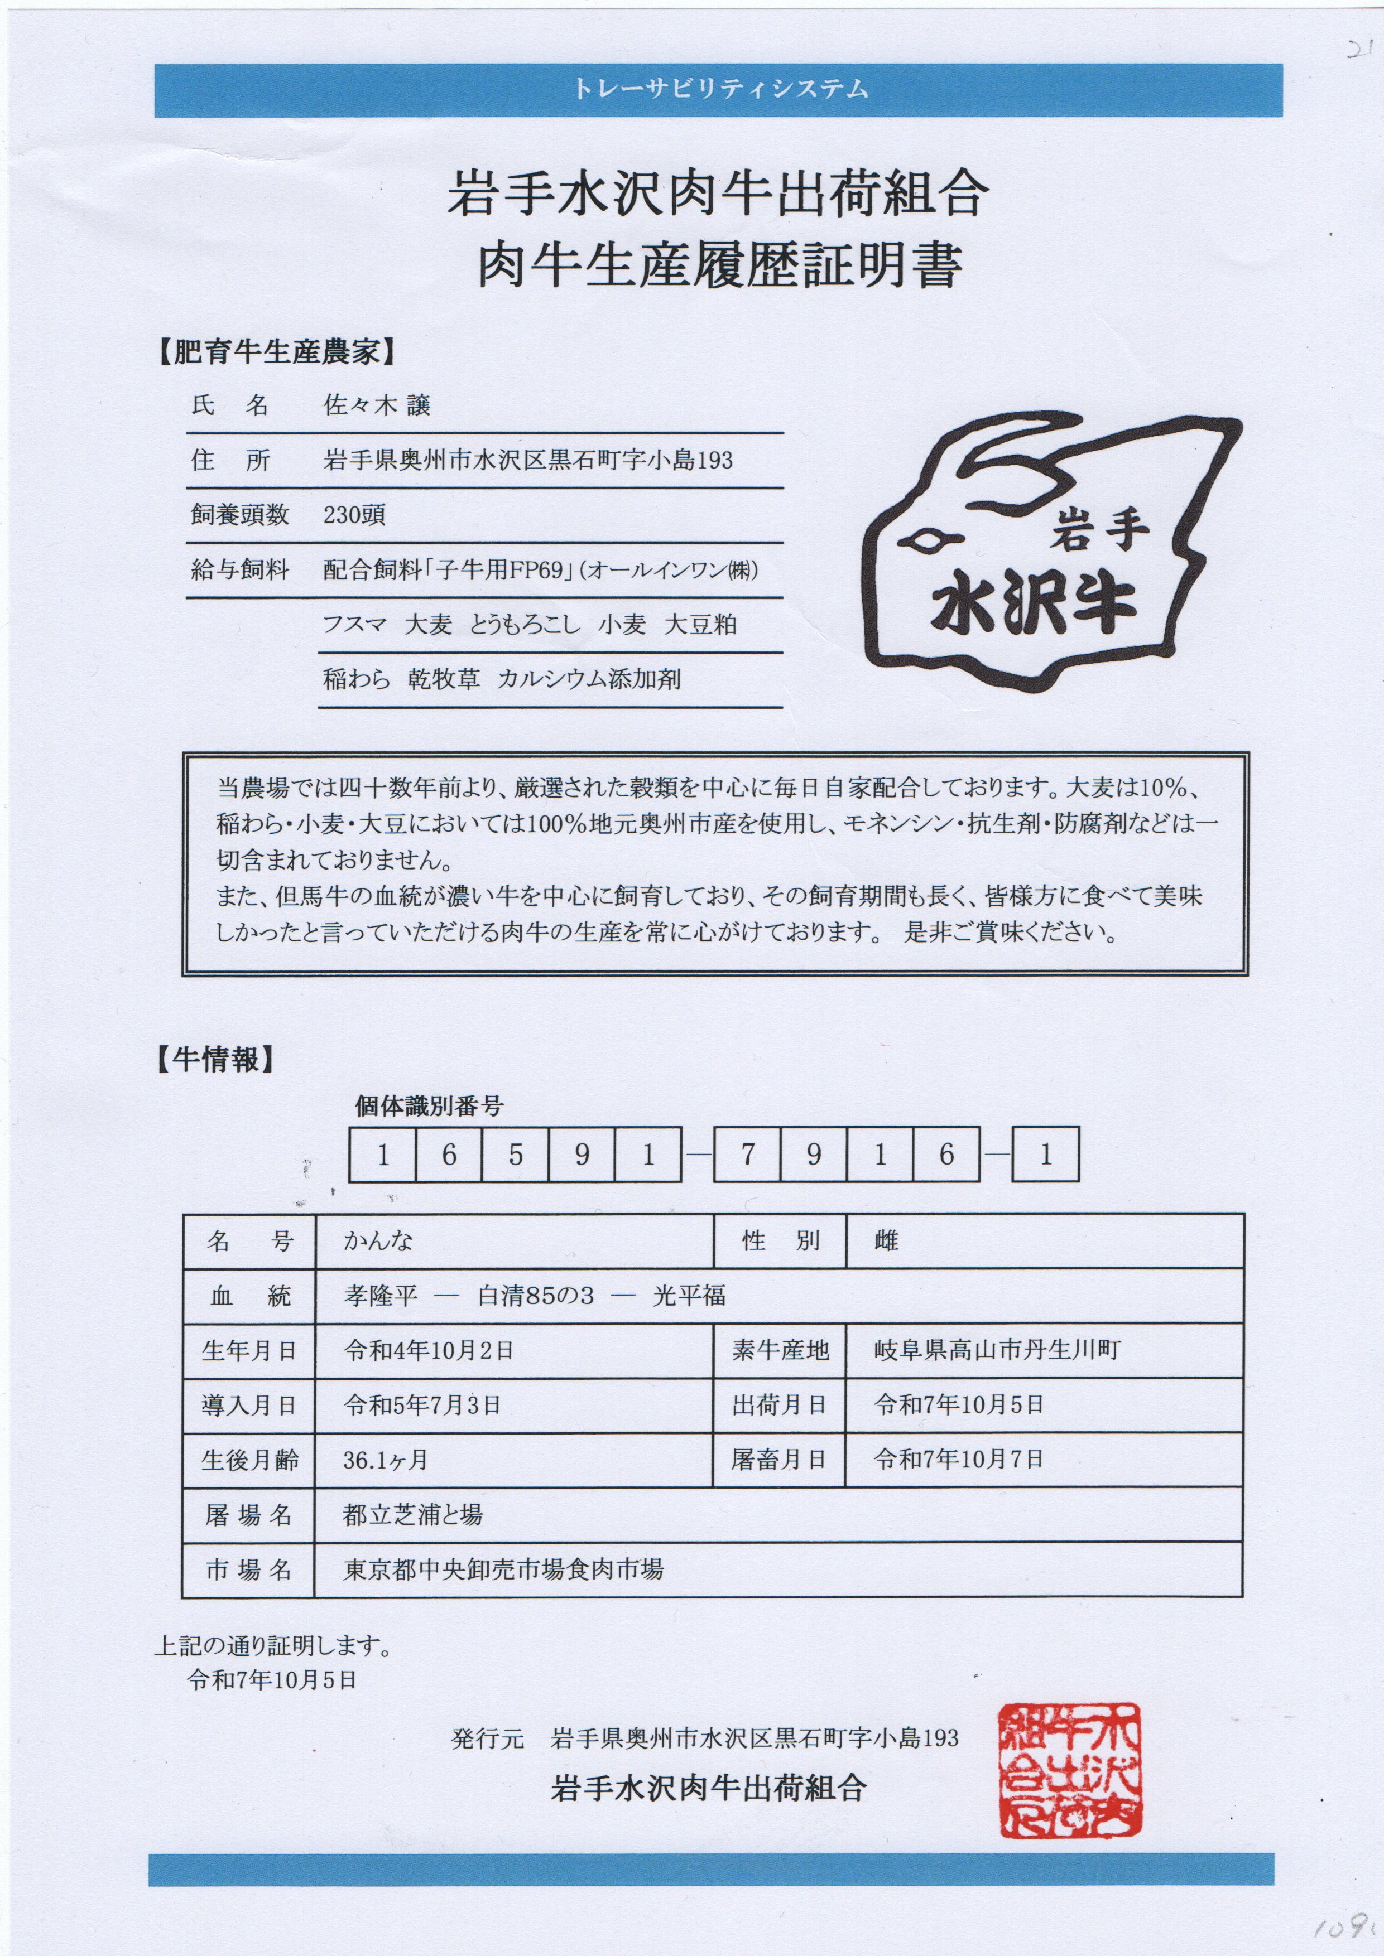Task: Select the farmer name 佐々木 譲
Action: [x=377, y=405]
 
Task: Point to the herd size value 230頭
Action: [x=354, y=515]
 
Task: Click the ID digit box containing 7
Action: [x=747, y=1155]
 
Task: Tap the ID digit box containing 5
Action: [x=516, y=1155]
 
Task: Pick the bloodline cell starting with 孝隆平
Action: [x=534, y=1296]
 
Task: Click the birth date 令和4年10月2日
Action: [x=428, y=1350]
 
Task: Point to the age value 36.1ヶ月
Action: [x=385, y=1460]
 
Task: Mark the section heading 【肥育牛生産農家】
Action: [x=277, y=352]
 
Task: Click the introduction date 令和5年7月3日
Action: [x=422, y=1405]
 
